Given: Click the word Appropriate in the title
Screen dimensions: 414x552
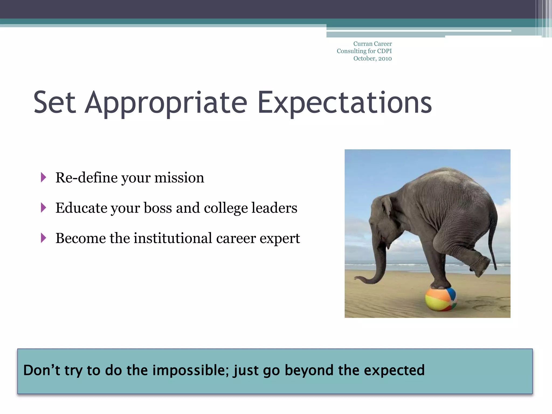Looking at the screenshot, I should pos(166,103).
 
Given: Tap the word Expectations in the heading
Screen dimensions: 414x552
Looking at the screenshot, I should pos(344,103).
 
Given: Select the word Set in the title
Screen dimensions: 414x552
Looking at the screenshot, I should pos(54,103).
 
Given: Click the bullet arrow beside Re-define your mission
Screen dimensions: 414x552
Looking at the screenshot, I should pos(43,177).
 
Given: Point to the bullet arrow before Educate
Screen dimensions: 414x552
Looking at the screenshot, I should pos(43,208).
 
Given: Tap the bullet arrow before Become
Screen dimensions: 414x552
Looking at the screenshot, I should pos(43,238).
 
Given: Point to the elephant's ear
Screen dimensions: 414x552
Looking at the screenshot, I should pos(386,206).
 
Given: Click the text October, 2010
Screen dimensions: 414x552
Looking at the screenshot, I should pos(372,58).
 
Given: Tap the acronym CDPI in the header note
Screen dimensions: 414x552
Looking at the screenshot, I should pos(384,51).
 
